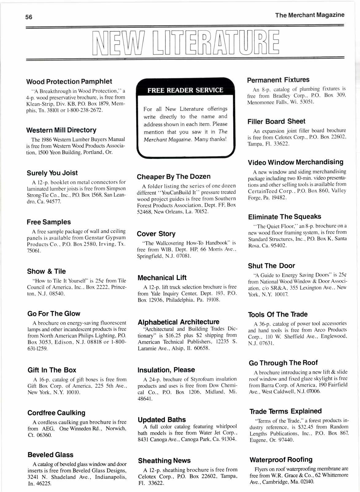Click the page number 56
click(x=29, y=17)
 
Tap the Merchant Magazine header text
click(x=310, y=15)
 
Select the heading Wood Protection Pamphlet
click(x=69, y=82)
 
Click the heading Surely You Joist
click(x=52, y=173)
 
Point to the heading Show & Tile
click(x=46, y=271)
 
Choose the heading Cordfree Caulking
click(x=56, y=413)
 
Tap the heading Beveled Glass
click(x=50, y=455)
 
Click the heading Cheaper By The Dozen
click(x=174, y=177)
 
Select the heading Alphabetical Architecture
click(x=179, y=322)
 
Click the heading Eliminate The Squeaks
click(x=285, y=217)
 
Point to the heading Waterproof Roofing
click(x=281, y=460)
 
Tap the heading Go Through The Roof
click(x=283, y=363)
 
